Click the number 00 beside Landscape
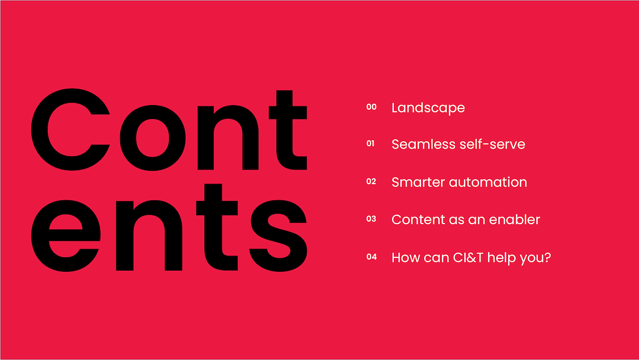click(371, 107)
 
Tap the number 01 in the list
click(370, 143)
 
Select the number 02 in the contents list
click(371, 181)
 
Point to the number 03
click(371, 219)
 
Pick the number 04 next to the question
click(371, 257)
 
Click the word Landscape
click(428, 108)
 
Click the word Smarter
click(418, 182)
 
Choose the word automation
click(488, 182)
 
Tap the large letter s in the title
click(278, 236)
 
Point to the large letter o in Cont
click(152, 138)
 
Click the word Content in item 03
click(418, 219)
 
